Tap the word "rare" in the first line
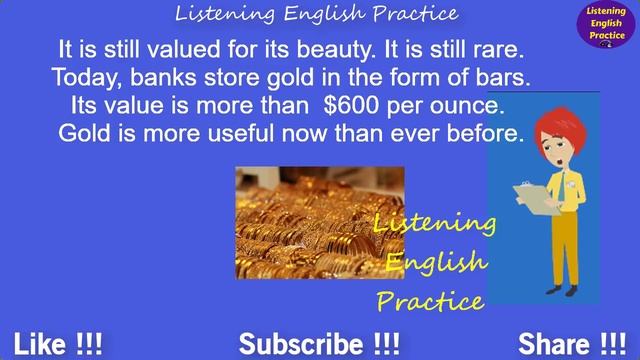pyautogui.click(x=496, y=50)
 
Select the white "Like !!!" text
pyautogui.click(x=58, y=345)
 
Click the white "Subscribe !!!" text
pyautogui.click(x=319, y=345)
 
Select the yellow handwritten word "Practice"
pyautogui.click(x=430, y=299)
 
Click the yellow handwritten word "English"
pyautogui.click(x=437, y=263)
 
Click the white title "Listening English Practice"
pyautogui.click(x=316, y=14)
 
